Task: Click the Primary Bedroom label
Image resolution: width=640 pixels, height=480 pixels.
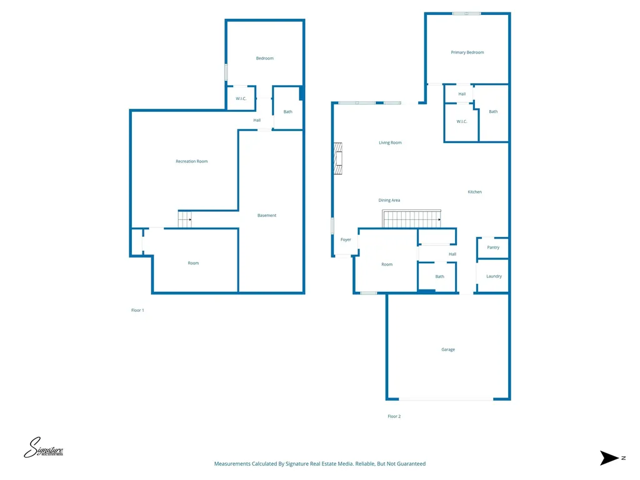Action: [467, 52]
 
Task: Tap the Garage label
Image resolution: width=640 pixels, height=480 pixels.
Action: [447, 349]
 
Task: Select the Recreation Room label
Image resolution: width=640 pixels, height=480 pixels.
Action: [191, 161]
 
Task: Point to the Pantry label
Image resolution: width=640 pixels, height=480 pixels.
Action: [493, 247]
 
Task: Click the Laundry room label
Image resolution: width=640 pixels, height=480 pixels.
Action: [494, 276]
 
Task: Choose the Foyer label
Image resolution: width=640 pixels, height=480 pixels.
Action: [346, 239]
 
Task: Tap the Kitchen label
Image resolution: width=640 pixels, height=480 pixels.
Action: [475, 192]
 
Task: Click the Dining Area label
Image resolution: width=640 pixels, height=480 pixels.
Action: [389, 201]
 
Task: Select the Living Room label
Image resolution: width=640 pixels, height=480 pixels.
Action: [390, 142]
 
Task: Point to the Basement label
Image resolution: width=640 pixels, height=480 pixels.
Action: [267, 215]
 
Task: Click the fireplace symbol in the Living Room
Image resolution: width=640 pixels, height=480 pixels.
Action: [338, 158]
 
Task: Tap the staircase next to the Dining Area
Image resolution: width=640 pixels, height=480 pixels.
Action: [411, 218]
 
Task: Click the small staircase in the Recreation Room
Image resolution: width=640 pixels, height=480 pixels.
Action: [185, 219]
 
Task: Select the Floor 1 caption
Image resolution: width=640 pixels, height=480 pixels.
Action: [137, 310]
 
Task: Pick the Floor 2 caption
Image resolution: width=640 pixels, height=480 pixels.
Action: [394, 416]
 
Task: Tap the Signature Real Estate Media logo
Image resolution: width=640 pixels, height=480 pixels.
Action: [43, 447]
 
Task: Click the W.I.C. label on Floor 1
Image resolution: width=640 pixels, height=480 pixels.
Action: [241, 98]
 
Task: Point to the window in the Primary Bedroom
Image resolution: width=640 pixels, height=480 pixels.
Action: [466, 14]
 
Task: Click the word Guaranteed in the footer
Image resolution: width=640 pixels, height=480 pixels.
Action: [411, 464]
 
